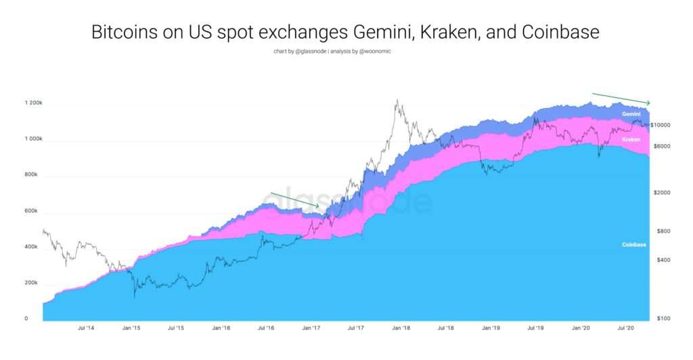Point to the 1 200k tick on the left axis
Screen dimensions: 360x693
(34, 103)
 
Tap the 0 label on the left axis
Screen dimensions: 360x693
(27, 318)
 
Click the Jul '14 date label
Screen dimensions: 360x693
(86, 328)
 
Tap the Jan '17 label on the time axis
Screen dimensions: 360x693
(311, 328)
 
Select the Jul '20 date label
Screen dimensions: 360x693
(626, 328)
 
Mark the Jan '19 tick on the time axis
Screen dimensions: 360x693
(491, 328)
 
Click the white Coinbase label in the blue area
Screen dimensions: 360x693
(635, 244)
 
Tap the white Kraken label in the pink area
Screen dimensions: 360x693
(632, 139)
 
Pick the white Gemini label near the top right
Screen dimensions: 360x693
(632, 115)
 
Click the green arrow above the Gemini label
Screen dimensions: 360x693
(621, 99)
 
